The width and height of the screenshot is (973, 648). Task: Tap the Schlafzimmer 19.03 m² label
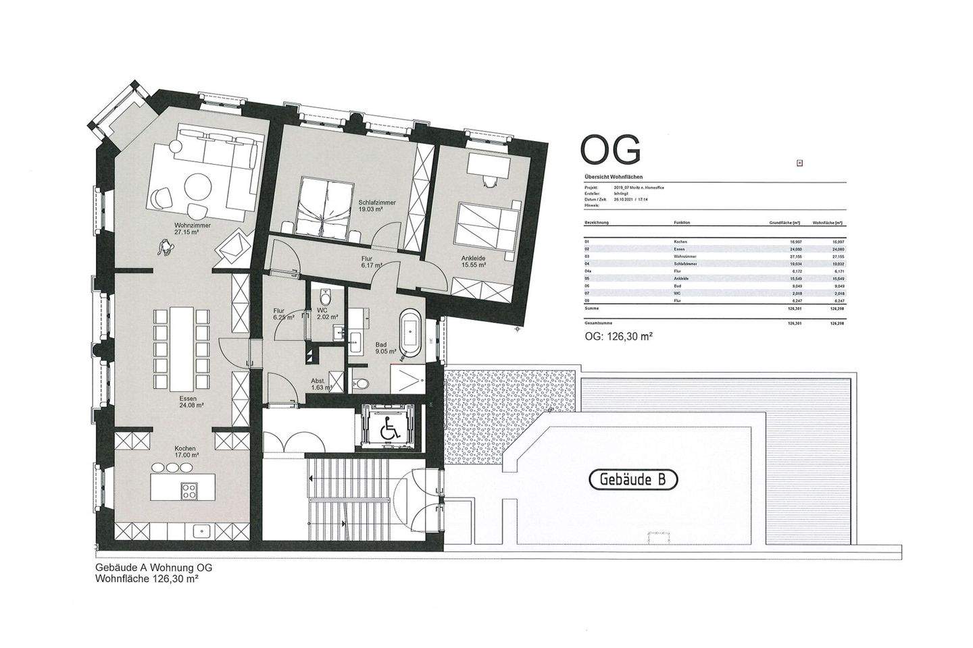[x=376, y=206]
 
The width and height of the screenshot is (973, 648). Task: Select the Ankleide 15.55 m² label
[x=473, y=262]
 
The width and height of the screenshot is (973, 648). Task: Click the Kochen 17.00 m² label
[x=185, y=452]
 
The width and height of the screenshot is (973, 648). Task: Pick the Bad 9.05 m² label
[x=386, y=348]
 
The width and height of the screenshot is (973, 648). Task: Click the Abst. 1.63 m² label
[x=320, y=384]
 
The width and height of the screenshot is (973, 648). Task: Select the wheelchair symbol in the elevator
[x=390, y=430]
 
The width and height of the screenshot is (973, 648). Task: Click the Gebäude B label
[x=633, y=479]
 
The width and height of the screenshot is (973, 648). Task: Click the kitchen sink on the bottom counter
[x=201, y=531]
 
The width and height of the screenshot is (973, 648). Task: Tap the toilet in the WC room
[x=326, y=296]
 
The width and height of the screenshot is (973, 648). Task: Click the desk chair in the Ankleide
[x=488, y=180]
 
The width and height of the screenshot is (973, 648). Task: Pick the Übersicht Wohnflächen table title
[x=609, y=176]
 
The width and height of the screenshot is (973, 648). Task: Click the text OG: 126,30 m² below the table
[x=618, y=335]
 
